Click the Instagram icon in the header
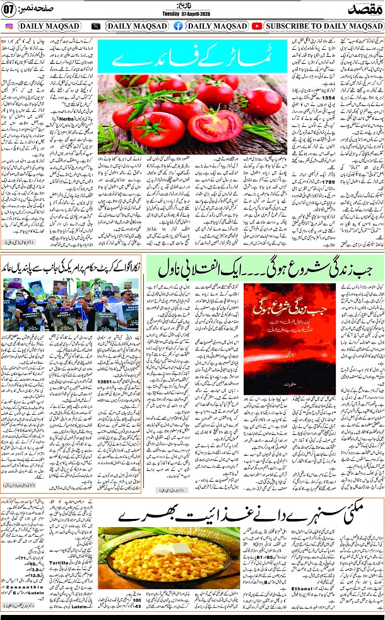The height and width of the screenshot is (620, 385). (9, 27)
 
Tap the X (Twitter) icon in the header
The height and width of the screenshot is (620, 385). (96, 27)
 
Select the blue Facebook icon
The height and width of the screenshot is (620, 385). (179, 27)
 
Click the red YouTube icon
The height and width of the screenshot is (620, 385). (257, 27)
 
